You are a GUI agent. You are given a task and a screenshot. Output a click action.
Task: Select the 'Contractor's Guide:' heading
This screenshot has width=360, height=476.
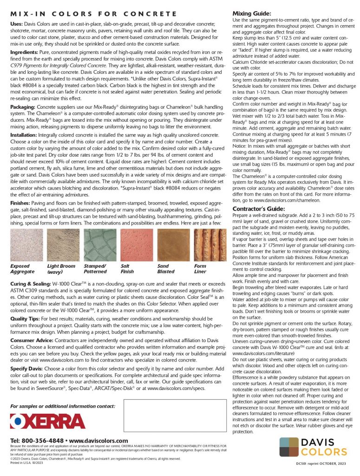coord(258,209)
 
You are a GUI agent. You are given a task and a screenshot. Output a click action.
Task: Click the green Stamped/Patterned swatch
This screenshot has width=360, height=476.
coord(100,245)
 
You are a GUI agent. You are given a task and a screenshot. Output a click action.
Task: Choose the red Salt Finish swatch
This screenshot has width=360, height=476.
coord(137,245)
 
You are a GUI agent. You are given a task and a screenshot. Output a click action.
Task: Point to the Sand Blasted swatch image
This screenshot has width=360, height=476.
coord(173,245)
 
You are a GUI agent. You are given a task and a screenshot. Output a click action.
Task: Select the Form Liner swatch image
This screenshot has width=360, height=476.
coord(210,245)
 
